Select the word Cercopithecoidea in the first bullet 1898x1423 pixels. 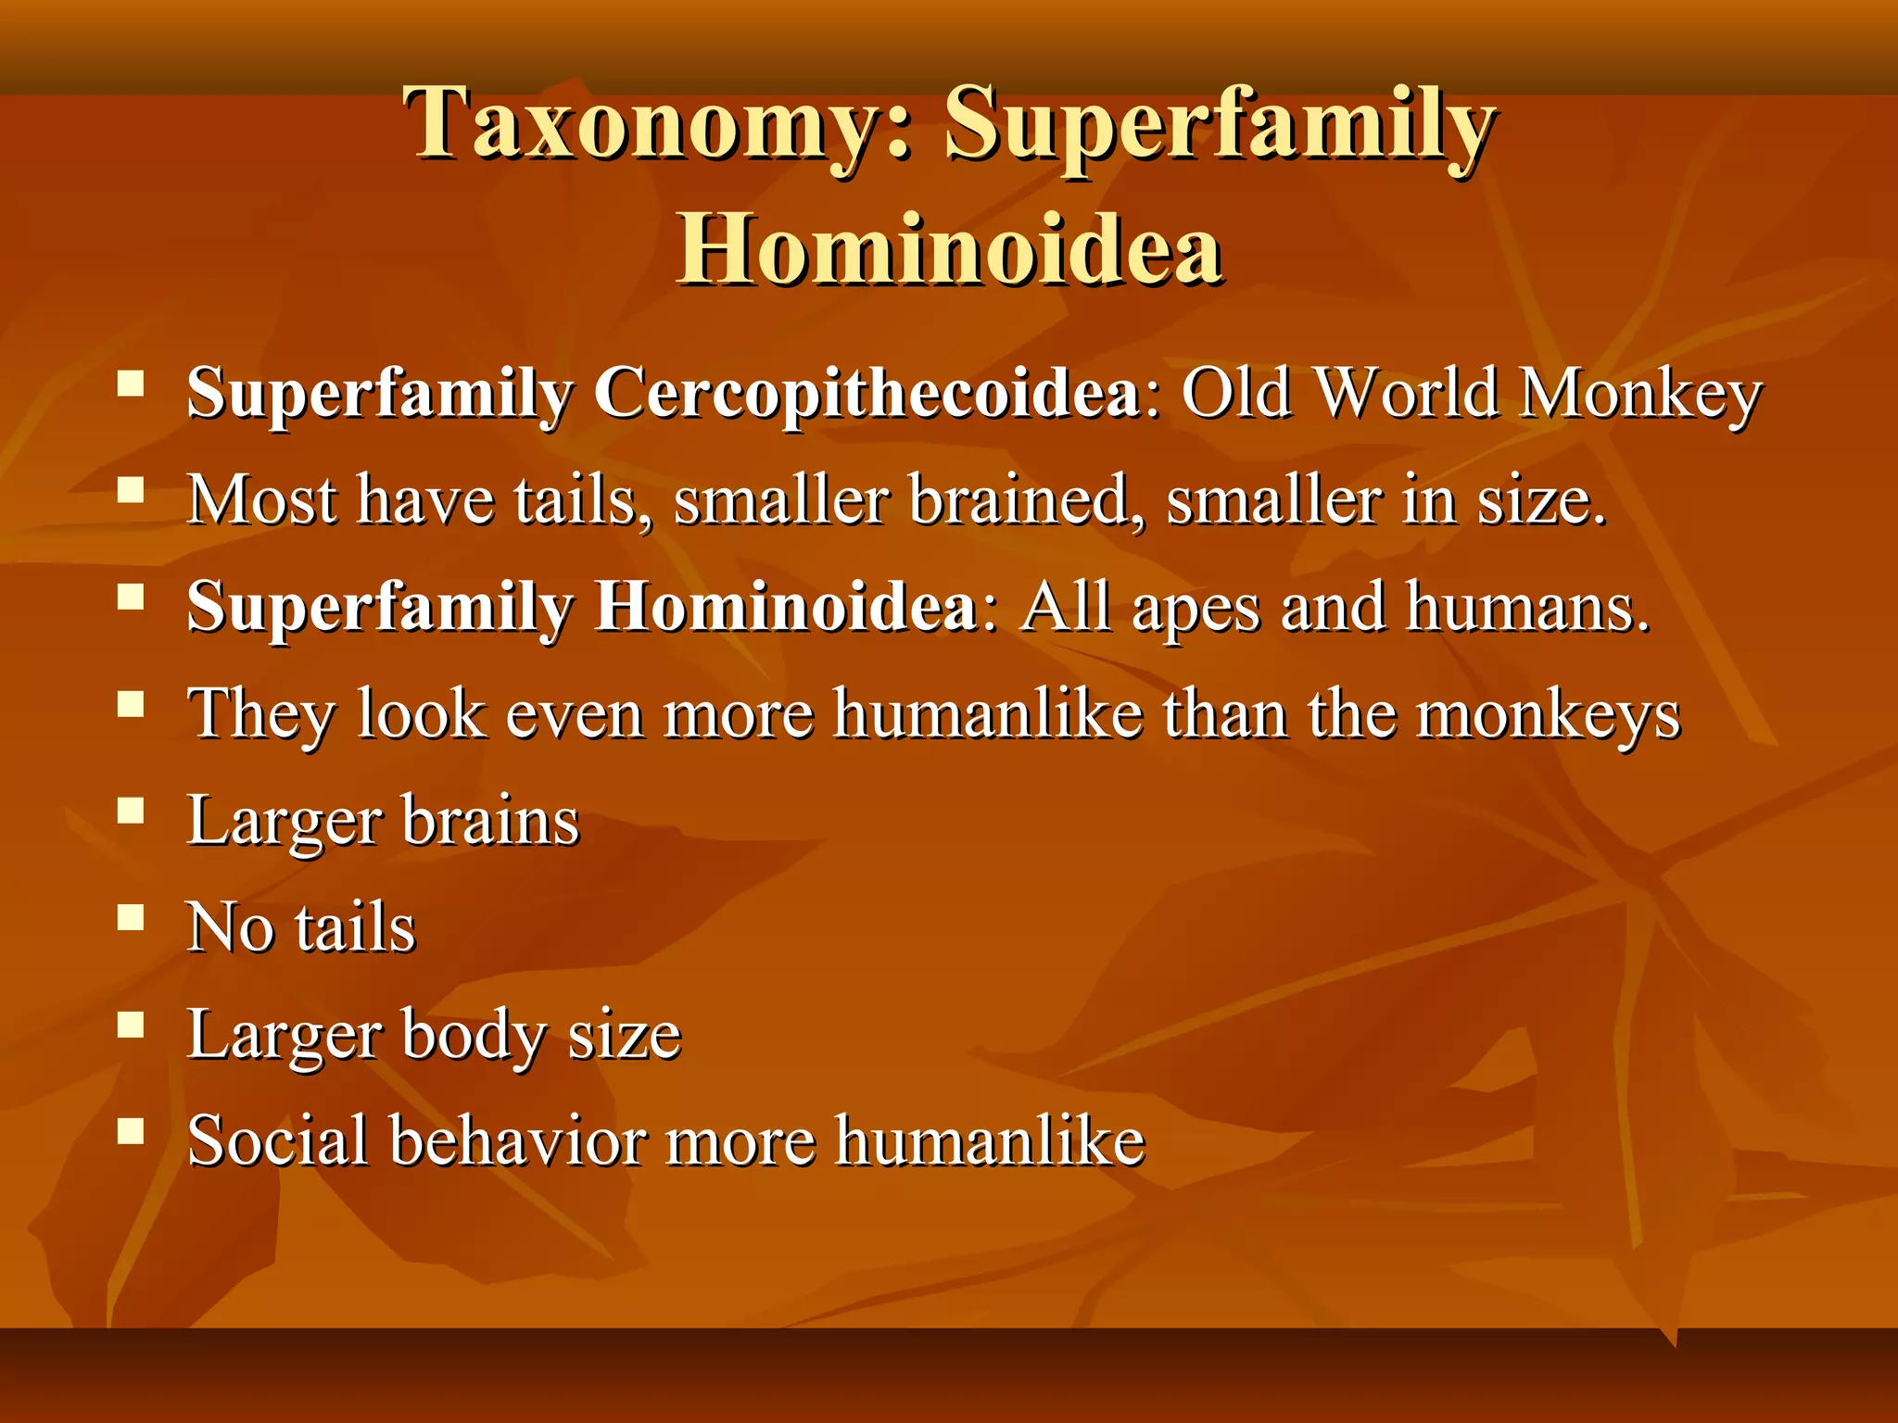tap(867, 393)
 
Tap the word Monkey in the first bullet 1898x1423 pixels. tap(1641, 395)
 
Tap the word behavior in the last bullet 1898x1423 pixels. tap(519, 1140)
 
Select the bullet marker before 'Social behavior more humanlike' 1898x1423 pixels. tap(132, 1130)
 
